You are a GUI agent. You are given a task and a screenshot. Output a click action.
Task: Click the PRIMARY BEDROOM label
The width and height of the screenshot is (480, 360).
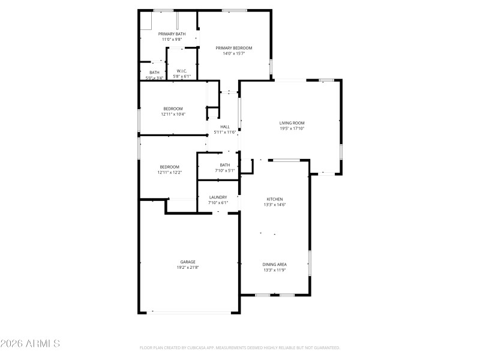[x=234, y=48]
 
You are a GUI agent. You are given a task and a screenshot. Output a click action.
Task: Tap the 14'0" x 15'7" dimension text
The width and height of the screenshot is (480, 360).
[x=234, y=53]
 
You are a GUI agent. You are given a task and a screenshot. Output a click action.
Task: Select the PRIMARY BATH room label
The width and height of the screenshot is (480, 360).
[x=172, y=34]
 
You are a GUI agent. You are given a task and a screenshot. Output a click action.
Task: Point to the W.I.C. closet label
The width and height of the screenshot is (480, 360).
[x=182, y=71]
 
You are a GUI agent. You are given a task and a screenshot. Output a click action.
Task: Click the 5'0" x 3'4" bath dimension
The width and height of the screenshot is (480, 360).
[x=154, y=78]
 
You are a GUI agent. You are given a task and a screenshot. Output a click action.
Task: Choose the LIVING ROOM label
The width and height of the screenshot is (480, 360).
[x=292, y=123]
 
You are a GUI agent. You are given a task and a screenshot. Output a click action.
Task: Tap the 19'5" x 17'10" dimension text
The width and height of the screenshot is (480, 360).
[x=292, y=128]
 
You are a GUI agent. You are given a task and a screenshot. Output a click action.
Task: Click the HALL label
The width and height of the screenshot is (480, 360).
[x=225, y=127]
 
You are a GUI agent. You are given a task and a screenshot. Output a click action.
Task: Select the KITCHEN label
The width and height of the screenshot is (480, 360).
[x=275, y=199]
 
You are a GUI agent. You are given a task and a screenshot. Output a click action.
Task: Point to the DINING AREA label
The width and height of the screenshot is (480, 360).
[x=274, y=265]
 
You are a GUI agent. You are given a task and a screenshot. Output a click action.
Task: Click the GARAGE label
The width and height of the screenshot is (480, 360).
[x=188, y=262]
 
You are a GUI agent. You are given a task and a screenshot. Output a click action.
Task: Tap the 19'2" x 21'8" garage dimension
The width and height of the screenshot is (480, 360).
[x=188, y=268]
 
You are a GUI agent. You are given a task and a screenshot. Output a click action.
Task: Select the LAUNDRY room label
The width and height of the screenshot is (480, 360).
[x=218, y=197]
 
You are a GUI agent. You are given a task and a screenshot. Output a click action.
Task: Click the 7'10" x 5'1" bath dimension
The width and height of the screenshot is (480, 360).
[x=225, y=170]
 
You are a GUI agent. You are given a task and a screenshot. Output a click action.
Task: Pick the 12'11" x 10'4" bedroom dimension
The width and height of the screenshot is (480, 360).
[x=173, y=114]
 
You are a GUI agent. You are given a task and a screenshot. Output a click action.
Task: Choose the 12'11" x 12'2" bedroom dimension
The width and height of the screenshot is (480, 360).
[x=169, y=172]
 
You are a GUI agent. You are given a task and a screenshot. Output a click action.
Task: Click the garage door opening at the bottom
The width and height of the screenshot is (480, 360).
[x=193, y=312]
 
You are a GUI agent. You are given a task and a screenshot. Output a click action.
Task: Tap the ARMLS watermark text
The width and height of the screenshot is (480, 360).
[x=30, y=344]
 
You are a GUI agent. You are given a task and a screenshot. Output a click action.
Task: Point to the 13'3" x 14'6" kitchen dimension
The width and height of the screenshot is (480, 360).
[x=275, y=205]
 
